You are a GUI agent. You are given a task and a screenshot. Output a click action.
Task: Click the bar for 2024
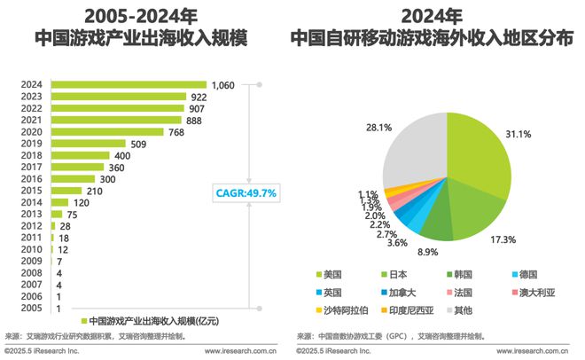129,85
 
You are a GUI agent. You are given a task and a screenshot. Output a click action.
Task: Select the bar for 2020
107,131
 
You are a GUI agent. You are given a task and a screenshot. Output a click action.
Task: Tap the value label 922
199,97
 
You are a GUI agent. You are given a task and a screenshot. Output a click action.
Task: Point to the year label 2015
31,190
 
